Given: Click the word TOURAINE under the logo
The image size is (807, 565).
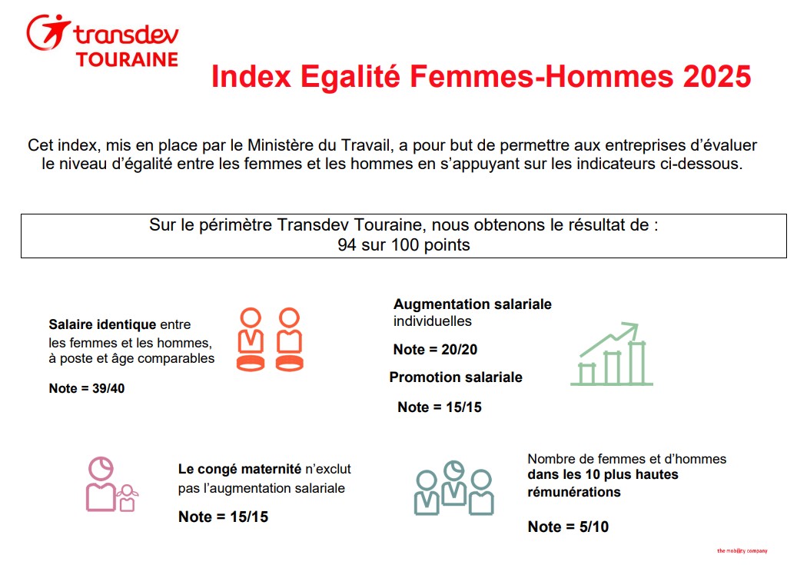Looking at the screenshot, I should (127, 59).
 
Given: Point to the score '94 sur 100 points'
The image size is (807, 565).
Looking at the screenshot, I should (403, 245).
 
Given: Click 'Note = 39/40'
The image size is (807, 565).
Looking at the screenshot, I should (87, 388).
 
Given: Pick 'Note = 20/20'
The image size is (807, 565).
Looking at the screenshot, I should (435, 350).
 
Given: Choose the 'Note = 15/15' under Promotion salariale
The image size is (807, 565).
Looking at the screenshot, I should (440, 407).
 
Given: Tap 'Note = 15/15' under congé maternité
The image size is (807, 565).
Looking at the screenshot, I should (224, 517).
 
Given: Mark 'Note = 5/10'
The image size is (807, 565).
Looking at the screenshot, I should (568, 527).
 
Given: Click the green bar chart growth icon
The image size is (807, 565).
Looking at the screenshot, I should (612, 354).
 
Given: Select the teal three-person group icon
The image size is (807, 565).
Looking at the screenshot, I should (453, 488).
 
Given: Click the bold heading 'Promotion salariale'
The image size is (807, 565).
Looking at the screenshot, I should (456, 377).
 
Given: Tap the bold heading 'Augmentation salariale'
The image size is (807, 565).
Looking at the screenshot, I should (473, 304).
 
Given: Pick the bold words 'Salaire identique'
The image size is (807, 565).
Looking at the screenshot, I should (102, 324).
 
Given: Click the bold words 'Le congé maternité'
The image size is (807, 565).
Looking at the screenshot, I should (239, 468).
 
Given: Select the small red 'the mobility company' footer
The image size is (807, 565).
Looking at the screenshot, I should (742, 550).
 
